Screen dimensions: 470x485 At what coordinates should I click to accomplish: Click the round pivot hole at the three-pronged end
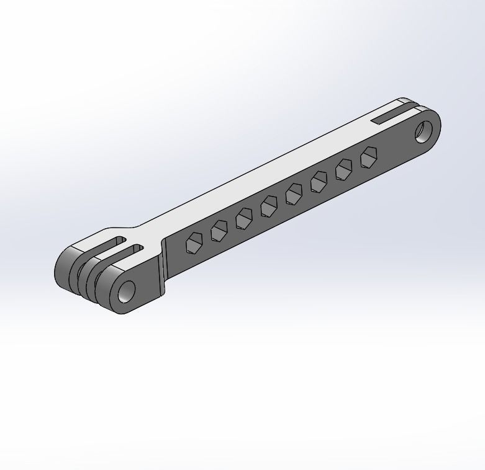click(x=127, y=290)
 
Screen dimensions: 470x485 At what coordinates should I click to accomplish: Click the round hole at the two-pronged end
click(x=424, y=131)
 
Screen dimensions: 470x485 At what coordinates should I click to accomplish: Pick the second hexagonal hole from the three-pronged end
click(x=219, y=231)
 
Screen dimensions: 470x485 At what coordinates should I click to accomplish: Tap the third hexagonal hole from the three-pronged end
click(x=244, y=218)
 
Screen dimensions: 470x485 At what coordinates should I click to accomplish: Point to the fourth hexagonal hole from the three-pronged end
click(x=269, y=206)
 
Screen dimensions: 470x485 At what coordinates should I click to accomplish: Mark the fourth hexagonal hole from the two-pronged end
click(x=294, y=195)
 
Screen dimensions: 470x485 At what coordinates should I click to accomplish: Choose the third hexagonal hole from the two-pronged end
click(x=319, y=182)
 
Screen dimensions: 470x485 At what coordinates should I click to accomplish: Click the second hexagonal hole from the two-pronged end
click(x=344, y=169)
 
